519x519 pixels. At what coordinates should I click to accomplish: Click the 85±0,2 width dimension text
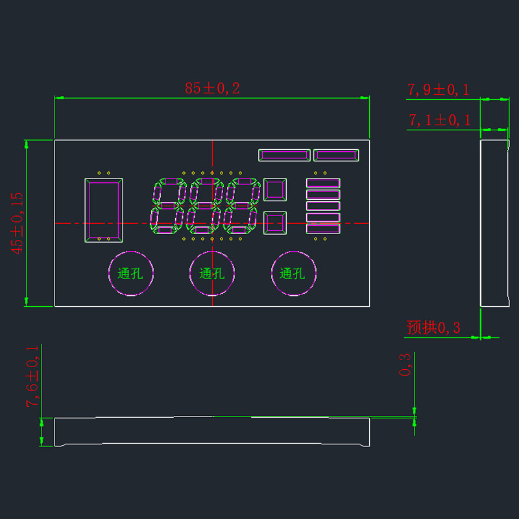click(212, 88)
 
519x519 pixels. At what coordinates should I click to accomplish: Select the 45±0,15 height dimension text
click(17, 223)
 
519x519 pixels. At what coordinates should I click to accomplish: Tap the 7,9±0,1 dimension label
click(439, 90)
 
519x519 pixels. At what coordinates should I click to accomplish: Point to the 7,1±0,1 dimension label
click(440, 120)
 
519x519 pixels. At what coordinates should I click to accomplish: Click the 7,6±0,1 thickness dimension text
click(32, 377)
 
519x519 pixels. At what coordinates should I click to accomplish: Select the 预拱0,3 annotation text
click(433, 328)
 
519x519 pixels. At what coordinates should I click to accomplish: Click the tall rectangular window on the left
click(86, 210)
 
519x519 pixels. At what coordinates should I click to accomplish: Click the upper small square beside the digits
click(265, 189)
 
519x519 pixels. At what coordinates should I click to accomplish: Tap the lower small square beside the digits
click(265, 223)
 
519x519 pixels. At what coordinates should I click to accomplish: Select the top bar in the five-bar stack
click(323, 179)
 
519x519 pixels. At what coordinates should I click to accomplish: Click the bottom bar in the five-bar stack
click(323, 225)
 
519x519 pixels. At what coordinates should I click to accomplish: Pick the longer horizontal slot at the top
click(284, 151)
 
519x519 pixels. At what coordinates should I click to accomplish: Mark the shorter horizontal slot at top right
click(336, 151)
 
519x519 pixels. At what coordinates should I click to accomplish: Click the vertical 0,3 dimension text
click(405, 365)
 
